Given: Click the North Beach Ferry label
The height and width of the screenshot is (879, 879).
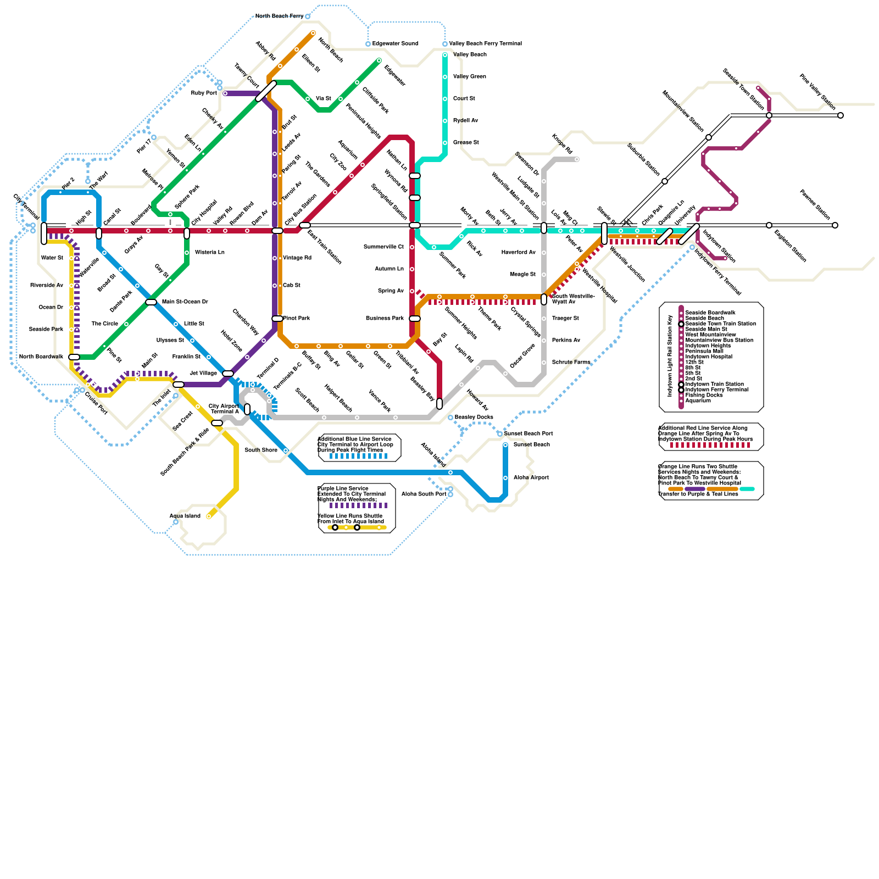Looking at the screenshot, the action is [279, 16].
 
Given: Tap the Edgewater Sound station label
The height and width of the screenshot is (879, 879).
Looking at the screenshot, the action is [395, 44].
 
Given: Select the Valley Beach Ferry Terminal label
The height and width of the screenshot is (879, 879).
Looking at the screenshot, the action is [485, 44].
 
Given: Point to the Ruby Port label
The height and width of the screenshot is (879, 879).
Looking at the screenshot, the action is [204, 93].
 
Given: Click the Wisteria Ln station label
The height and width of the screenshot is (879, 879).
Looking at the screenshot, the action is [209, 253].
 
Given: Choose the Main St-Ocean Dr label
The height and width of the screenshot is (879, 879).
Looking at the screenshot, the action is [185, 302].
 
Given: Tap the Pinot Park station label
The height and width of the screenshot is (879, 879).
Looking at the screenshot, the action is [297, 319].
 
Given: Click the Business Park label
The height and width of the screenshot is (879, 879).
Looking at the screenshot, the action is [385, 319].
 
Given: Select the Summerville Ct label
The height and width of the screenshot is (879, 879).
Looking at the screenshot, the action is [383, 247].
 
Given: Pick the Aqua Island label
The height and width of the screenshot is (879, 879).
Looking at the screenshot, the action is [185, 516].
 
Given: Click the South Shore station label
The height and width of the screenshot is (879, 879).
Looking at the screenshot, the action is [261, 450].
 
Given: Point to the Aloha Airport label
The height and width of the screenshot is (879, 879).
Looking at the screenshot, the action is [531, 478].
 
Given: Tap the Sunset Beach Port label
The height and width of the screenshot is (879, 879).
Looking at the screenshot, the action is [528, 434].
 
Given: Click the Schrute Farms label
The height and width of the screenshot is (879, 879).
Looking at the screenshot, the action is [571, 363].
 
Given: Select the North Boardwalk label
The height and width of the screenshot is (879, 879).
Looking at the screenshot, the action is [41, 357].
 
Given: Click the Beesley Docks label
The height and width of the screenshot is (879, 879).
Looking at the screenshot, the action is [474, 418].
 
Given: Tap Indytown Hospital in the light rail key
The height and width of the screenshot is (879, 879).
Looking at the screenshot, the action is [708, 357].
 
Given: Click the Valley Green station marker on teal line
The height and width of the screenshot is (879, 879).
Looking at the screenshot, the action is [445, 77].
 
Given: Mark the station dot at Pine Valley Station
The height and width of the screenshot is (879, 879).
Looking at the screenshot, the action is [841, 115].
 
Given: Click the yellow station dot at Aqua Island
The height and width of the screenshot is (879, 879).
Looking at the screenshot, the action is [209, 516].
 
